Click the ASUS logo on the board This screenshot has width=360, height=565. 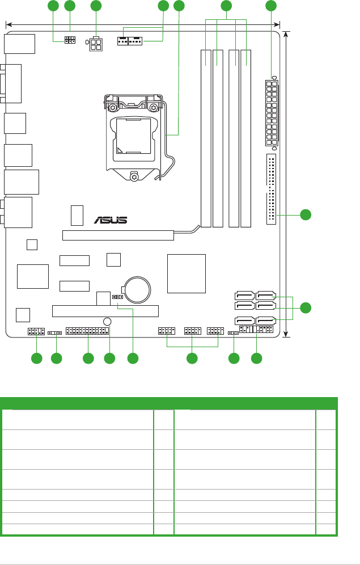(111, 220)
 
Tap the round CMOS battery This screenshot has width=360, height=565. (137, 289)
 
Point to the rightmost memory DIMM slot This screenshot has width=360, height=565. (246, 138)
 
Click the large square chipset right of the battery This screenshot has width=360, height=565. (187, 273)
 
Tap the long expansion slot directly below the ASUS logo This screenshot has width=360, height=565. (118, 235)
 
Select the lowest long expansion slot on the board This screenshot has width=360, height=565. (105, 310)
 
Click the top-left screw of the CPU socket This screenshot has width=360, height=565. (114, 107)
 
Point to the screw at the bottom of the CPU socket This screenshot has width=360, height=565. (134, 176)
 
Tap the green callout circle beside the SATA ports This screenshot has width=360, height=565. (306, 308)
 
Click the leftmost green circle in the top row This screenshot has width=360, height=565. (53, 6)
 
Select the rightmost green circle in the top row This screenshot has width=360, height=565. (272, 6)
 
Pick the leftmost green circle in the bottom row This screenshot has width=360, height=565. (36, 358)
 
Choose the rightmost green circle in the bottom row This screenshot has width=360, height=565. (257, 358)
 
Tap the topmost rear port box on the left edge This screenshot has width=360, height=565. (19, 44)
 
